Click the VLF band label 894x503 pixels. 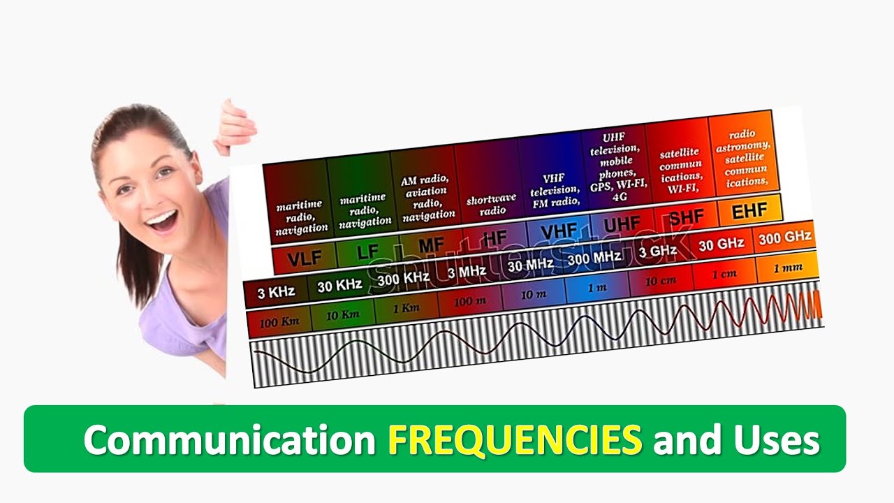click(305, 258)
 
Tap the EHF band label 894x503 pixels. click(749, 210)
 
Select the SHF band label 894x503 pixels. click(686, 217)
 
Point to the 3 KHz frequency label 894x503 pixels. click(276, 291)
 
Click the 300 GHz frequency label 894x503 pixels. click(784, 238)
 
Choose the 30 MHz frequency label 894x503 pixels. click(530, 265)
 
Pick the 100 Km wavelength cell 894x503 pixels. click(279, 322)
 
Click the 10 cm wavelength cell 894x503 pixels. click(660, 281)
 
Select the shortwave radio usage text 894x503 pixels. click(491, 203)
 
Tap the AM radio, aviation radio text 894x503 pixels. click(428, 197)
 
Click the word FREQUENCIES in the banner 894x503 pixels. click(515, 439)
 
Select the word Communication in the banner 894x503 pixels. click(230, 440)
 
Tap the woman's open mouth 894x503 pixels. click(163, 221)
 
